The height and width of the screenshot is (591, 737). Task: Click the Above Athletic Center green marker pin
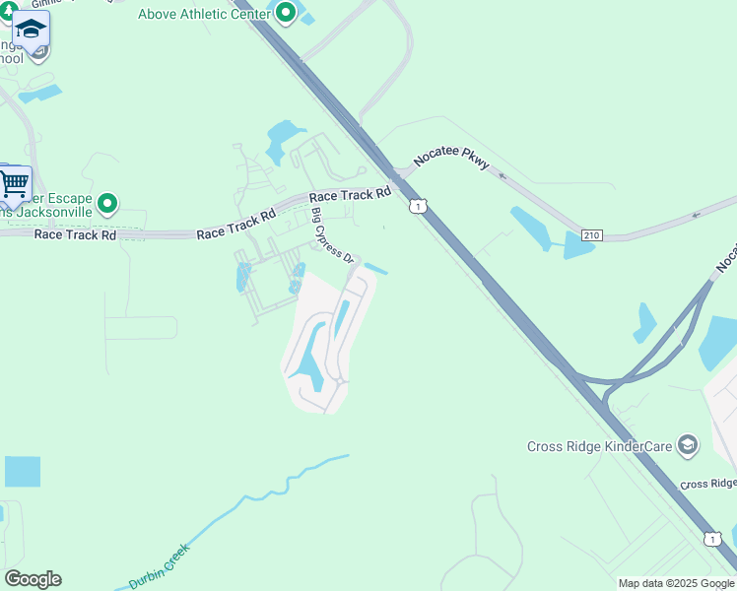click(286, 13)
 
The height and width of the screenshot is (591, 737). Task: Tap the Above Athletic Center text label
click(204, 14)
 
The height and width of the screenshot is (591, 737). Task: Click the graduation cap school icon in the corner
click(31, 30)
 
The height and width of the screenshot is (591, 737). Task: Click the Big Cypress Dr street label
click(332, 235)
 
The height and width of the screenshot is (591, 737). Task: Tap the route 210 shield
click(591, 235)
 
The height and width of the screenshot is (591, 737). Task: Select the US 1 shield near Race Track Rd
click(420, 206)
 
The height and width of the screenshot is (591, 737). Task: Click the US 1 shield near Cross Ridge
click(709, 538)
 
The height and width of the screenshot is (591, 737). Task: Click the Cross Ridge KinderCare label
click(599, 446)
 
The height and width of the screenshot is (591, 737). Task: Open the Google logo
click(33, 579)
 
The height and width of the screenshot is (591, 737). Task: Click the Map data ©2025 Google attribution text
click(677, 583)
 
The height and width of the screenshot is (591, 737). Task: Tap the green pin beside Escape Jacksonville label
click(107, 204)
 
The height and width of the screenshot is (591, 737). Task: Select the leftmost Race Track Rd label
click(75, 235)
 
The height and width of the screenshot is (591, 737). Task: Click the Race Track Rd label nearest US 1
click(351, 195)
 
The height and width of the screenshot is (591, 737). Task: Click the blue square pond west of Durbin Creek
click(23, 472)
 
